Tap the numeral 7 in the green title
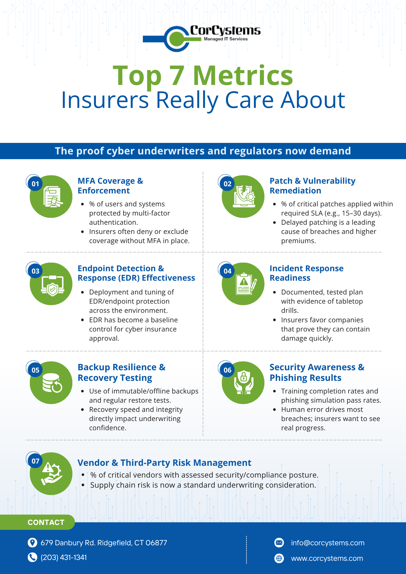[177, 76]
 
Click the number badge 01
[35, 184]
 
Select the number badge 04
[227, 271]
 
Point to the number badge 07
[35, 461]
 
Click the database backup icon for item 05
[52, 383]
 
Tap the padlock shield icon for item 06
[243, 383]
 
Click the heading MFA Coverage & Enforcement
[110, 186]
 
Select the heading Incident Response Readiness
[306, 273]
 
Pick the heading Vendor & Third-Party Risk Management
[164, 463]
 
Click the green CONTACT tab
[46, 522]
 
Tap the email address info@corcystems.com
[328, 543]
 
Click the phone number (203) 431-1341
[64, 557]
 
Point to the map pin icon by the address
[32, 542]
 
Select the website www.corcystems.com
[327, 558]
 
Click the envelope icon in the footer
[279, 542]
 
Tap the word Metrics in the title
[243, 76]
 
